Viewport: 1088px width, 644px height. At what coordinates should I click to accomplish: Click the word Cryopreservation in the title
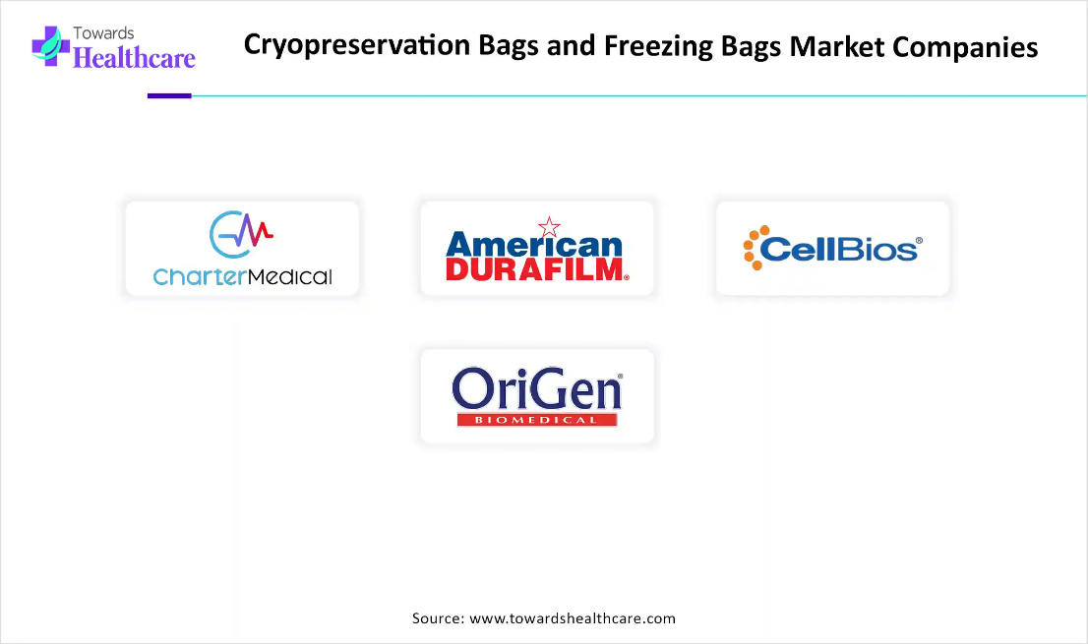pyautogui.click(x=357, y=46)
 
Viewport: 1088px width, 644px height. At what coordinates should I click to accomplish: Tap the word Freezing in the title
pyautogui.click(x=658, y=46)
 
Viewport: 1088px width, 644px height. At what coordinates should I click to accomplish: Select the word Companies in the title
pyautogui.click(x=964, y=48)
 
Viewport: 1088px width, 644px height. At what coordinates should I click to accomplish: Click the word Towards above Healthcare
pyautogui.click(x=103, y=33)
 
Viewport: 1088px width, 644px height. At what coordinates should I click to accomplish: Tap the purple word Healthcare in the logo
pyautogui.click(x=134, y=58)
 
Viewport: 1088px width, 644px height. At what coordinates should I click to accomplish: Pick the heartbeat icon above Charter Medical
pyautogui.click(x=241, y=234)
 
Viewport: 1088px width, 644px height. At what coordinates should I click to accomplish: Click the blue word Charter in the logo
pyautogui.click(x=200, y=276)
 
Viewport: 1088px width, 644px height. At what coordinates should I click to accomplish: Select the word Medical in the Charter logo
pyautogui.click(x=290, y=277)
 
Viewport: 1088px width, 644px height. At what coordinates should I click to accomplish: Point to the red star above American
pyautogui.click(x=549, y=227)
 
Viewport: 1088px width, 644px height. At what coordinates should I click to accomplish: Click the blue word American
pyautogui.click(x=534, y=245)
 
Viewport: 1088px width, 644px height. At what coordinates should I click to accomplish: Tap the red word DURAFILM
pyautogui.click(x=536, y=269)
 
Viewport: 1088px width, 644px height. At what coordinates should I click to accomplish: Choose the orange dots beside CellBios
pyautogui.click(x=755, y=248)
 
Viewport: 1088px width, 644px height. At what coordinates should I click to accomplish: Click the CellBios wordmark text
pyautogui.click(x=839, y=250)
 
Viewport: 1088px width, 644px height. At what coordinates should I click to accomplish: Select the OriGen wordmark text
pyautogui.click(x=536, y=389)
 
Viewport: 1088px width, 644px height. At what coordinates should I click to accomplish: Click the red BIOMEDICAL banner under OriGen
pyautogui.click(x=537, y=420)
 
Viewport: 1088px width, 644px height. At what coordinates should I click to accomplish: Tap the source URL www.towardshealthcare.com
pyautogui.click(x=573, y=618)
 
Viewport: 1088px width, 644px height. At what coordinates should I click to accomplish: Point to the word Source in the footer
pyautogui.click(x=438, y=618)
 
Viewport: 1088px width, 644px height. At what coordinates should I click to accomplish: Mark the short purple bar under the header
pyautogui.click(x=169, y=95)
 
